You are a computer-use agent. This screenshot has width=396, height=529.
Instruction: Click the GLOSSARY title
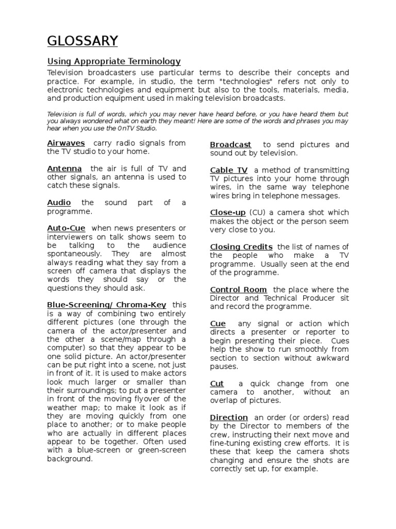(x=82, y=41)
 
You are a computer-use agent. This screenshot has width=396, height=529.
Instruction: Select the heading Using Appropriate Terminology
(x=114, y=61)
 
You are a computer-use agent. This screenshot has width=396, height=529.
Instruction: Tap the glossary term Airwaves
(x=66, y=143)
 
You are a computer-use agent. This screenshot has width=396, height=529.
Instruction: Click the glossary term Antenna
(x=64, y=168)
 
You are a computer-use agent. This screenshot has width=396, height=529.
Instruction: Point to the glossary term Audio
(x=59, y=203)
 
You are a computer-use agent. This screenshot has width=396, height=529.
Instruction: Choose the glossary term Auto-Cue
(x=66, y=228)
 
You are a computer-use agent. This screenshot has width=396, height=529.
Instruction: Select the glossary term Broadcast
(x=230, y=145)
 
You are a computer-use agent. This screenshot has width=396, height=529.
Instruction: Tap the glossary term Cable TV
(x=228, y=170)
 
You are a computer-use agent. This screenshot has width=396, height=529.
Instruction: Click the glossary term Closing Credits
(x=241, y=247)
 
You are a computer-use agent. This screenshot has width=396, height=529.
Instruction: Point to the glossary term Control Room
(x=238, y=290)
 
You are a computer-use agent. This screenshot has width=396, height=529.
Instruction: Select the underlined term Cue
(x=218, y=324)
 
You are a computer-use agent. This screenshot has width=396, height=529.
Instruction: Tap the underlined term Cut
(x=217, y=384)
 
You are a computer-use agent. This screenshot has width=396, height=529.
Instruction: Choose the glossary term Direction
(x=228, y=417)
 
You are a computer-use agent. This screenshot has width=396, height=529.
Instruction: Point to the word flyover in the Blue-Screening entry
(x=159, y=399)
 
